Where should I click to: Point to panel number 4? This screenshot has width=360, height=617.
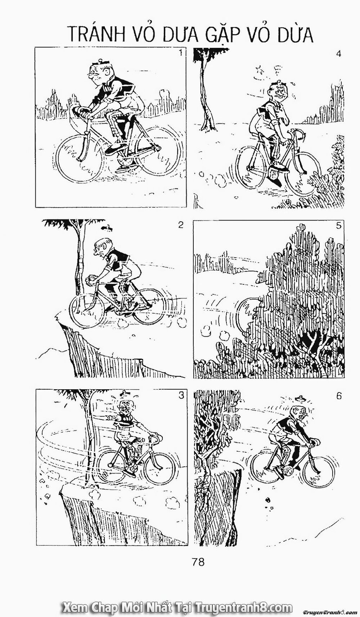pyautogui.click(x=338, y=54)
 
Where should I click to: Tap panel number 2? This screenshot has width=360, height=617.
pyautogui.click(x=181, y=225)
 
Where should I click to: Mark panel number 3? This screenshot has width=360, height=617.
pyautogui.click(x=181, y=395)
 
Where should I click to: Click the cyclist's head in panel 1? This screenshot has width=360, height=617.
pyautogui.click(x=96, y=74)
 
